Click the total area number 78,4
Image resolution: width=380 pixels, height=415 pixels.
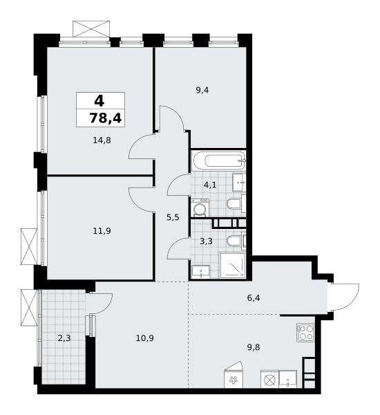(x=106, y=118)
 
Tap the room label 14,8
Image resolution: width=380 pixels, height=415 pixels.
(x=102, y=140)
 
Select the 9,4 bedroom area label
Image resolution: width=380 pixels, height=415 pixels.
(x=202, y=91)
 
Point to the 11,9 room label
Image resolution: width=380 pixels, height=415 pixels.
(x=102, y=231)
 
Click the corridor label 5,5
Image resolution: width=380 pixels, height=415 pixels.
(x=173, y=218)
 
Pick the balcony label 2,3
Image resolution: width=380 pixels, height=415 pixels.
(x=64, y=338)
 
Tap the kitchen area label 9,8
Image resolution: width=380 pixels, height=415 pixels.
(x=254, y=347)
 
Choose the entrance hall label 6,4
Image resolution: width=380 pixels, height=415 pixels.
(x=254, y=298)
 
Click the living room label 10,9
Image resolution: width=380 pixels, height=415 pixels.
(x=145, y=338)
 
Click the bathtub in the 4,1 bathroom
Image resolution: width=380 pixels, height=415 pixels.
(x=219, y=160)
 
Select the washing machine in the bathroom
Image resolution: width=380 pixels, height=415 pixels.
(x=200, y=207)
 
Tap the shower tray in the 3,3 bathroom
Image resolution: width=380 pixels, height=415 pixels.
(x=232, y=266)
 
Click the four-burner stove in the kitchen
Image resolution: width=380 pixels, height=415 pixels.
(x=305, y=333)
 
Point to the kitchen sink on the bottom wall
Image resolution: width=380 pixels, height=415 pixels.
(x=287, y=380)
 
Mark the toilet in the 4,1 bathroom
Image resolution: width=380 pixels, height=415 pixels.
(x=236, y=204)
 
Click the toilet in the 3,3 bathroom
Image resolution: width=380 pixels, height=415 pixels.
(x=236, y=241)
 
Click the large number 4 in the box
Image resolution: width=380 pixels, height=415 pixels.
(x=99, y=101)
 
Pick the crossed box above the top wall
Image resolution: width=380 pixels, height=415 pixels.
(x=91, y=28)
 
